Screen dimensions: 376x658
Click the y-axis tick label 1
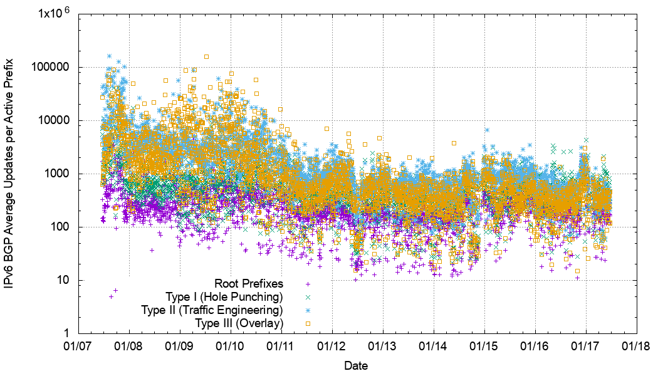[x=66, y=333]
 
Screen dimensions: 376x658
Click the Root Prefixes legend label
[x=249, y=283]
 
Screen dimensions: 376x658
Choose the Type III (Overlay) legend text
[x=239, y=323]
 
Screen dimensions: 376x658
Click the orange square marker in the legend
[x=308, y=323]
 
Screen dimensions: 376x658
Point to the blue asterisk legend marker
[x=308, y=310]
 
